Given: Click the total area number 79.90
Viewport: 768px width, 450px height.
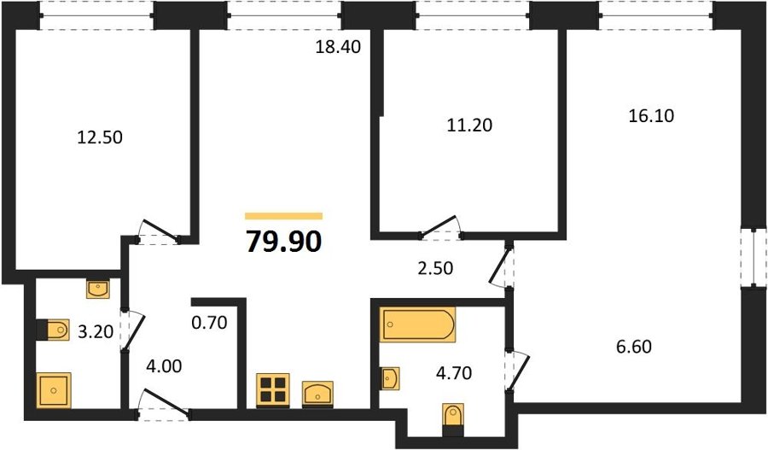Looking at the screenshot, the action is pyautogui.click(x=283, y=242).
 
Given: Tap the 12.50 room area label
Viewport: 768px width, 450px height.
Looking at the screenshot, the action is pyautogui.click(x=100, y=137).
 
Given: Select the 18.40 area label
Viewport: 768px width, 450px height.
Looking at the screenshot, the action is pyautogui.click(x=338, y=47).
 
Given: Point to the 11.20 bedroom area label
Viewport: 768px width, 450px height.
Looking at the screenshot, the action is pyautogui.click(x=469, y=126).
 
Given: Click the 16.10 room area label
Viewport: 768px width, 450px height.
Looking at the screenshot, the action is pyautogui.click(x=651, y=115).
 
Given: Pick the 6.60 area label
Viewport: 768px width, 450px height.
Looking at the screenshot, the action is pyautogui.click(x=634, y=347).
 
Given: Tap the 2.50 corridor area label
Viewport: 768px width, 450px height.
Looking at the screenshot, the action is pyautogui.click(x=435, y=269).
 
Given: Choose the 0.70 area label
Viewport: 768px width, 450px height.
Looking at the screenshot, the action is pyautogui.click(x=209, y=323).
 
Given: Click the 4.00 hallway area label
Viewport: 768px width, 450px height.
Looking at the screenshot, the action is pyautogui.click(x=164, y=366).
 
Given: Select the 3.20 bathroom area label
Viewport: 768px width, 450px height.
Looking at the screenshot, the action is pyautogui.click(x=96, y=332).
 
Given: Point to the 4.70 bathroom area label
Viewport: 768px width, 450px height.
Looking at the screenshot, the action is pyautogui.click(x=454, y=373).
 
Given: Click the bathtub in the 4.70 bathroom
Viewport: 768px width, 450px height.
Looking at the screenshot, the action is pyautogui.click(x=418, y=324).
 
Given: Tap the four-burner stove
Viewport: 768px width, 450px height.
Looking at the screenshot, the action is pyautogui.click(x=273, y=390).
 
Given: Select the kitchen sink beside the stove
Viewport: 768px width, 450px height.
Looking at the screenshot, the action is pyautogui.click(x=317, y=394).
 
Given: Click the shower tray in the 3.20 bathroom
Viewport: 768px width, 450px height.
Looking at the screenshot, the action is pyautogui.click(x=54, y=390).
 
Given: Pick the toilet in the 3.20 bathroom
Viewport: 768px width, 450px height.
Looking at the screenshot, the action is pyautogui.click(x=54, y=330).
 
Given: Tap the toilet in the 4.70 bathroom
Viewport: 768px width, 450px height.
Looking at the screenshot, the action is pyautogui.click(x=453, y=419).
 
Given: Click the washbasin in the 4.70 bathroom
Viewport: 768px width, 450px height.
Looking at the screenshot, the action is pyautogui.click(x=390, y=378).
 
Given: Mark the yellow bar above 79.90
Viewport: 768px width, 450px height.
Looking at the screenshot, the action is pyautogui.click(x=283, y=216).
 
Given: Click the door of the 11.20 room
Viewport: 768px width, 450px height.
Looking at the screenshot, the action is pyautogui.click(x=439, y=226).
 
